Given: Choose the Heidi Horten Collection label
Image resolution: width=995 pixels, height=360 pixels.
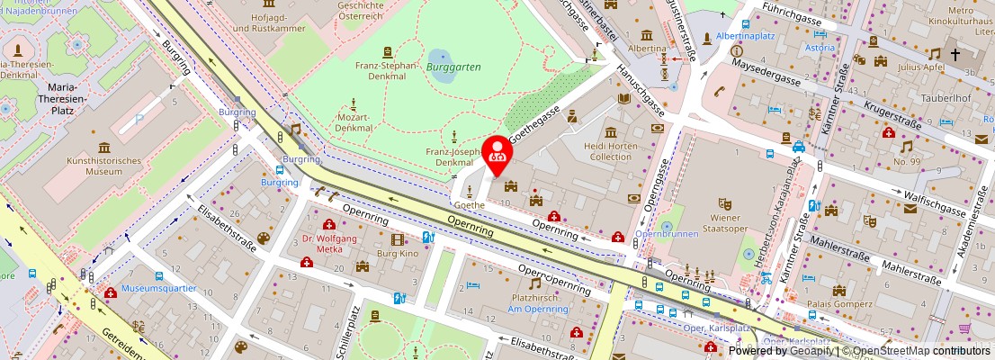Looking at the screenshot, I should pyautogui.click(x=611, y=151).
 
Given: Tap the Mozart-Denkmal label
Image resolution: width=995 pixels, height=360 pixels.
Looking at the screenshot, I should pyautogui.click(x=354, y=121).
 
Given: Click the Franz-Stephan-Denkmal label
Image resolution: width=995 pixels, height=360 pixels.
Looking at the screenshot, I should pyautogui.click(x=387, y=70).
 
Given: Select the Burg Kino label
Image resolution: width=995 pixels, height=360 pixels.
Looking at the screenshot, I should pyautogui.click(x=398, y=255).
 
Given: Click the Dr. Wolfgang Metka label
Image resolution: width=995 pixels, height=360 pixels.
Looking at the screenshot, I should pyautogui.click(x=329, y=244).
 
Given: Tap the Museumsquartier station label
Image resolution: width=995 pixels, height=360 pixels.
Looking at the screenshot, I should pyautogui.click(x=161, y=290).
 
